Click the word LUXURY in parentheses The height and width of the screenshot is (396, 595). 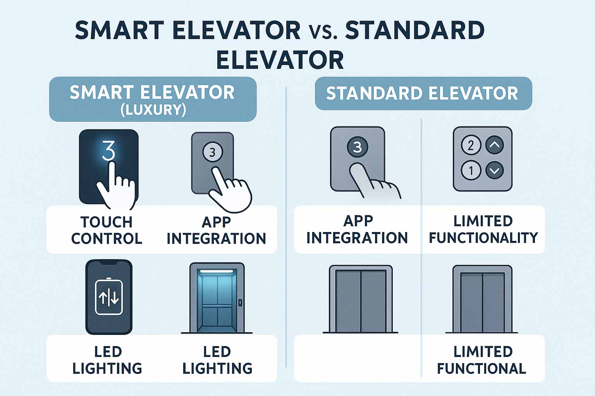[153, 110]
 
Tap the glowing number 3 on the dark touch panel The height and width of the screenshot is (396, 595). [108, 150]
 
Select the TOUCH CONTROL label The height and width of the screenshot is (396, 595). [107, 230]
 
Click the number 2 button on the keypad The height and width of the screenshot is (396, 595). [471, 145]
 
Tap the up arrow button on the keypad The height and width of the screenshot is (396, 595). [494, 145]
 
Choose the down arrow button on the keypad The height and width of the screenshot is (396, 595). [494, 170]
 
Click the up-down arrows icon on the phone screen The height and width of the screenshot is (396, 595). [108, 298]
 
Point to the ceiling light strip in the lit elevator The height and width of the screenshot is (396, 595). [217, 271]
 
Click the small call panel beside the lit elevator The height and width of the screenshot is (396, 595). [240, 303]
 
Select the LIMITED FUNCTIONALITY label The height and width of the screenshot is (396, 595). [483, 229]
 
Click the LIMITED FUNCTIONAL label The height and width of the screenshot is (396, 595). [482, 360]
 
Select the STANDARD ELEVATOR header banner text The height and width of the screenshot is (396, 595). [422, 93]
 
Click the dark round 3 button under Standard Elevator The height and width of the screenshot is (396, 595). [357, 147]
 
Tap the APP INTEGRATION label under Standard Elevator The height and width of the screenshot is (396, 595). [357, 229]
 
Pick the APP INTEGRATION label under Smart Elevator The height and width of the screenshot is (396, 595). [216, 230]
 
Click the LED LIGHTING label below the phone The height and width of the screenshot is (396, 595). [107, 360]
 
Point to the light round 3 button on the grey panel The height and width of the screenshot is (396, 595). [213, 152]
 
